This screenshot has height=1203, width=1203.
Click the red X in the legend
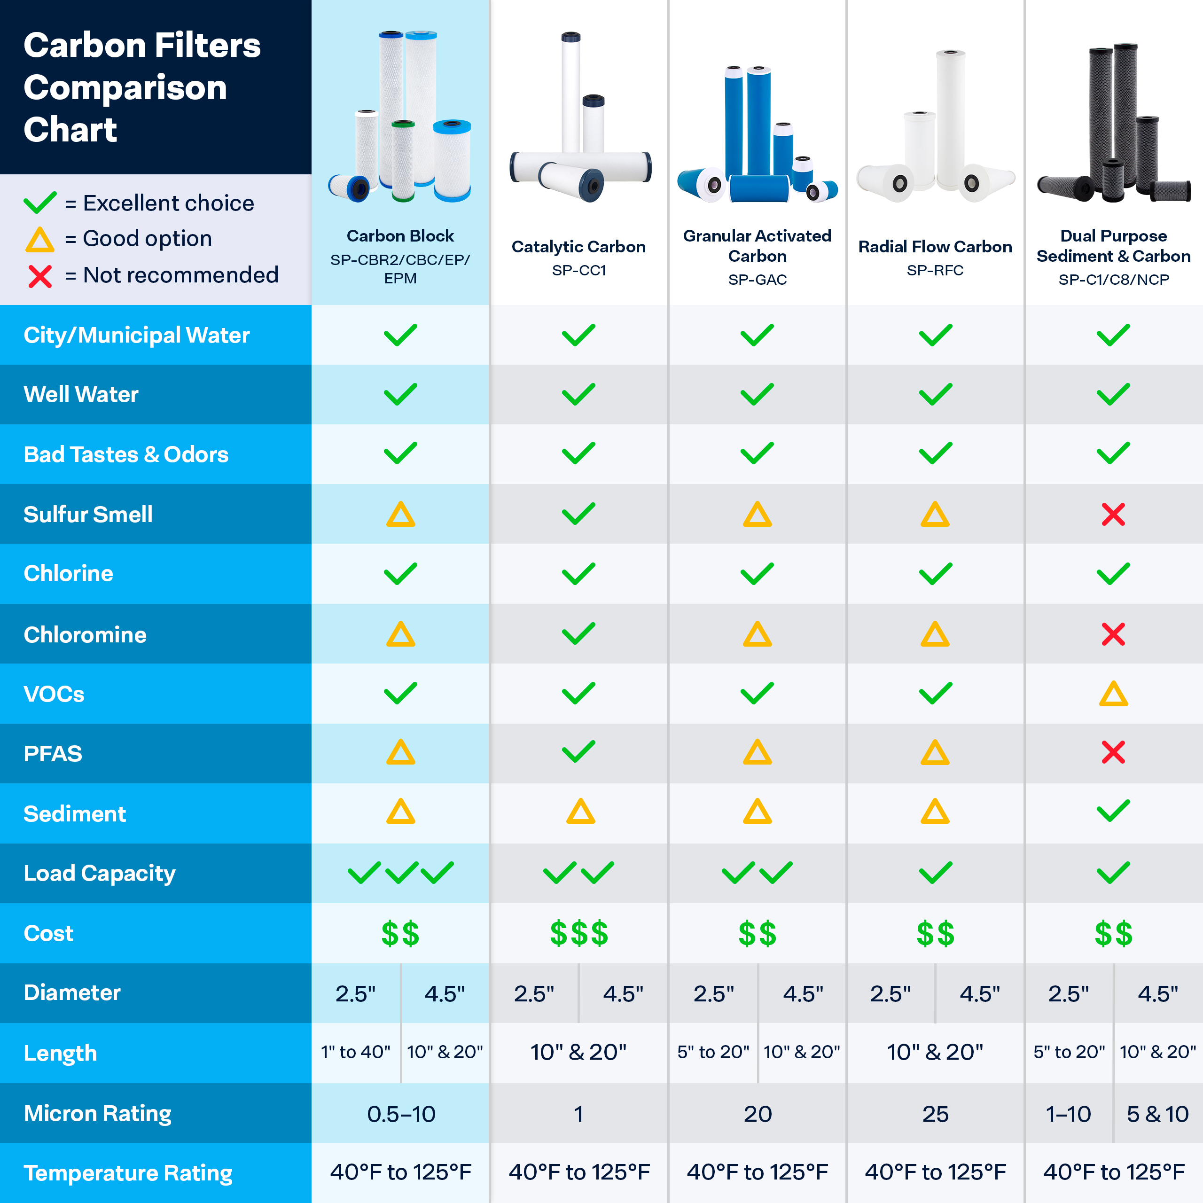pyautogui.click(x=40, y=276)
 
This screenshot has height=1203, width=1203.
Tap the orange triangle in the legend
pyautogui.click(x=40, y=240)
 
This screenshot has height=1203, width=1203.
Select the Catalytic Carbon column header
pyautogui.click(x=578, y=247)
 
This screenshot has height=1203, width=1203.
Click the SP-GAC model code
pyautogui.click(x=757, y=280)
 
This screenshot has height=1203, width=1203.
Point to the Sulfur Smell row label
pyautogui.click(x=88, y=514)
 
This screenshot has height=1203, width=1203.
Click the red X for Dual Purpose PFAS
pyautogui.click(x=1113, y=752)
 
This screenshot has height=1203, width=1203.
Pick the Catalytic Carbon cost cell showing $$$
pyautogui.click(x=578, y=933)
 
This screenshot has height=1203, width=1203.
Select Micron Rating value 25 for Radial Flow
pyautogui.click(x=935, y=1114)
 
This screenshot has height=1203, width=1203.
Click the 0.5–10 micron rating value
pyautogui.click(x=401, y=1114)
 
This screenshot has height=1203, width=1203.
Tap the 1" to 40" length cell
pyautogui.click(x=356, y=1052)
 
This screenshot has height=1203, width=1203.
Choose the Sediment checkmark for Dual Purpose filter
pyautogui.click(x=1113, y=811)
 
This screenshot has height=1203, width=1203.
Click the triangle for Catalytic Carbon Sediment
pyautogui.click(x=580, y=812)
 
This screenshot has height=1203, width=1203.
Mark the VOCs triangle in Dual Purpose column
pyautogui.click(x=1113, y=694)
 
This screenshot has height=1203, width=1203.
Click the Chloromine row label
pyautogui.click(x=85, y=634)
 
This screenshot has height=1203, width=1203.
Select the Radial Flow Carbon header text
pyautogui.click(x=935, y=247)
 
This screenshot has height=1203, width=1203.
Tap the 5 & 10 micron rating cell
pyautogui.click(x=1157, y=1114)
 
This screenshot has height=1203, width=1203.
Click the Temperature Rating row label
pyautogui.click(x=128, y=1173)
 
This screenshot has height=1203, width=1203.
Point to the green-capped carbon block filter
pyautogui.click(x=403, y=160)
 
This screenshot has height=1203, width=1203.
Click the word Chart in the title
pyautogui.click(x=70, y=130)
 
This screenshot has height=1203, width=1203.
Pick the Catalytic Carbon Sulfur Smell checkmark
pyautogui.click(x=578, y=514)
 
